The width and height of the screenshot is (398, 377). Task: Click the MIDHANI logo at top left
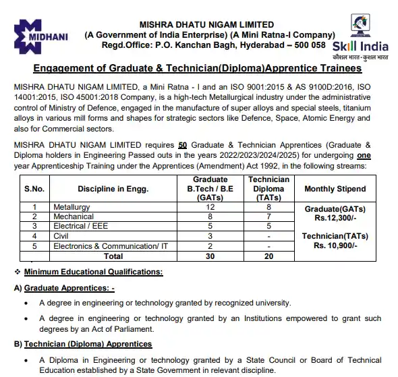click(39, 34)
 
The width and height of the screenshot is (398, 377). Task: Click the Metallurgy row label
click(71, 207)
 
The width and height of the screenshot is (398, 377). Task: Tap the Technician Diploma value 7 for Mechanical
click(268, 216)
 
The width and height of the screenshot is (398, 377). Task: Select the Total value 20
click(268, 256)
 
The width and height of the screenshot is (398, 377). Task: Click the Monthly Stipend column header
click(335, 189)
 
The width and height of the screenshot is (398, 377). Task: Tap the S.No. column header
click(33, 189)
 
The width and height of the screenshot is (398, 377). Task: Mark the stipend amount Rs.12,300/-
click(335, 218)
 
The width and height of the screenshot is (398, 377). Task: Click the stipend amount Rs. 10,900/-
click(335, 246)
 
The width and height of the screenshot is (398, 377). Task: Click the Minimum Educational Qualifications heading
click(93, 272)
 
